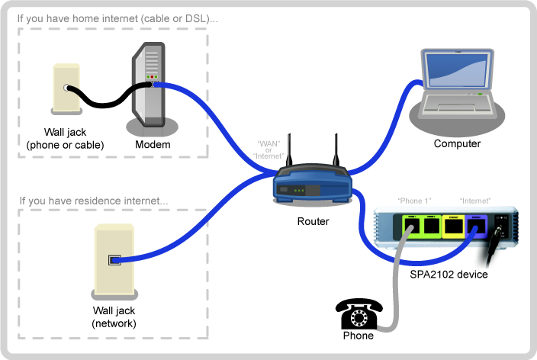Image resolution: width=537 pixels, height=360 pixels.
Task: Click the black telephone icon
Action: coord(358,313)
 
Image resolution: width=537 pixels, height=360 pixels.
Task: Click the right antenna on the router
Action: coord(333,153)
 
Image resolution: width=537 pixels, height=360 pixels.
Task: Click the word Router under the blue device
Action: coord(314,222)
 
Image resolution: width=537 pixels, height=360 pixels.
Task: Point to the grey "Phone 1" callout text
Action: coord(414,201)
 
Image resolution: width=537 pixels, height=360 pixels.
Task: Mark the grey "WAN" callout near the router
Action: coord(268,143)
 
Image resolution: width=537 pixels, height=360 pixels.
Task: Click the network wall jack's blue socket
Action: coord(114,259)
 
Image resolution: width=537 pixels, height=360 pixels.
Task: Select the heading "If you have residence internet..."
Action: coord(94,201)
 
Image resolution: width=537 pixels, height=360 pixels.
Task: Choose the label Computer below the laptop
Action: coord(457,143)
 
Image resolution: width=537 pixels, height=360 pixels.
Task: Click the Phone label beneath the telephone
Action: coord(359,336)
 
